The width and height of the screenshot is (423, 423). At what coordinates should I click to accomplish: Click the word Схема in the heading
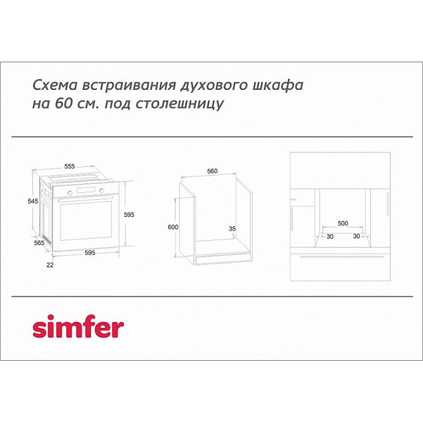pyautogui.click(x=55, y=85)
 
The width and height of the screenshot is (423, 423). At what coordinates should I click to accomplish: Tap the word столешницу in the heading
pyautogui.click(x=179, y=104)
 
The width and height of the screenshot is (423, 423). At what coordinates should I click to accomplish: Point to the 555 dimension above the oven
pyautogui.click(x=69, y=166)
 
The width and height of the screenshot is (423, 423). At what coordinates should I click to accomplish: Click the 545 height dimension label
pyautogui.click(x=33, y=201)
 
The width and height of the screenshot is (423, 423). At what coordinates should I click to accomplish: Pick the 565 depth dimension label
pyautogui.click(x=39, y=243)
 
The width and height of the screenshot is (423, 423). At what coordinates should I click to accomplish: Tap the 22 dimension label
pyautogui.click(x=50, y=265)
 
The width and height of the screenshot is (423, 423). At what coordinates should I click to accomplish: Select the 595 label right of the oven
pyautogui.click(x=129, y=215)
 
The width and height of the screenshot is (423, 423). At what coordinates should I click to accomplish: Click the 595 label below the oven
pyautogui.click(x=90, y=253)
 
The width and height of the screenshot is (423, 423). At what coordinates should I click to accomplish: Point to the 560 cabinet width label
pyautogui.click(x=212, y=171)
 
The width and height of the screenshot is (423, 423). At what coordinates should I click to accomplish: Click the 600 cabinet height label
pyautogui.click(x=173, y=227)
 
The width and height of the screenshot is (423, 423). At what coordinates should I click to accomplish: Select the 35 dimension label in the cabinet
pyautogui.click(x=232, y=229)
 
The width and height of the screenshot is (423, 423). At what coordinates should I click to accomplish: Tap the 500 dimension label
pyautogui.click(x=343, y=223)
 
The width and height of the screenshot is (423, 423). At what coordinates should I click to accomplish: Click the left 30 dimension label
pyautogui.click(x=330, y=237)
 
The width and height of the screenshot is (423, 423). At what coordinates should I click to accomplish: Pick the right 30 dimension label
pyautogui.click(x=357, y=236)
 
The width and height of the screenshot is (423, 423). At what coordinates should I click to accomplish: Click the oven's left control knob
pyautogui.click(x=70, y=193)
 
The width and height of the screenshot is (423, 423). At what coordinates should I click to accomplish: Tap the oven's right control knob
pyautogui.click(x=102, y=191)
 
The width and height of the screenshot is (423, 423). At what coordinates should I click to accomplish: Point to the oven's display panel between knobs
pyautogui.click(x=86, y=190)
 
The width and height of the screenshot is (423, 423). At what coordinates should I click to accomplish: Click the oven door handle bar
pyautogui.click(x=85, y=199)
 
